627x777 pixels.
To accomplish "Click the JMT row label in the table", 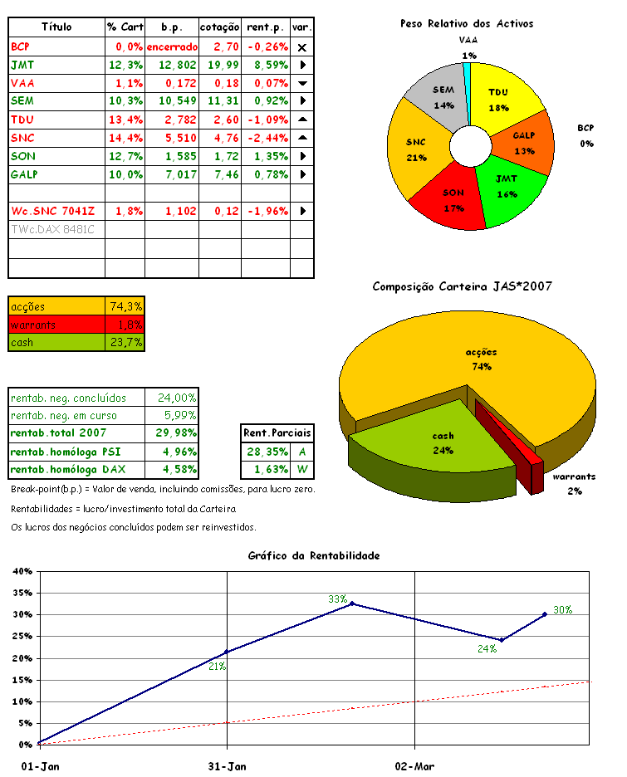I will tap(23, 64).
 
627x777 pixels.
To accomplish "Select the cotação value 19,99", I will tap(220, 64).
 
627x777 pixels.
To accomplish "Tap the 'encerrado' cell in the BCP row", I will tap(172, 46).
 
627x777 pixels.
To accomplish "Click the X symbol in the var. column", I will tap(302, 46).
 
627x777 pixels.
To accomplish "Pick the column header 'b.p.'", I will tap(172, 27).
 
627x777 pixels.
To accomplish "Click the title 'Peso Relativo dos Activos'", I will tap(466, 24).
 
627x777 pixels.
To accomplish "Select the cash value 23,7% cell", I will tap(125, 342).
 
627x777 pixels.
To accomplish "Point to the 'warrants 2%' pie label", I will tap(574, 483).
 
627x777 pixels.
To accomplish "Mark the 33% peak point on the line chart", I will tap(352, 604).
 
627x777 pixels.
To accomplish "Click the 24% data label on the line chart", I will tap(487, 648).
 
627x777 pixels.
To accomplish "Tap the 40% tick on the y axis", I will tap(22, 571).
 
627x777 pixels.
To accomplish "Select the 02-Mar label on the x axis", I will tap(414, 765).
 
